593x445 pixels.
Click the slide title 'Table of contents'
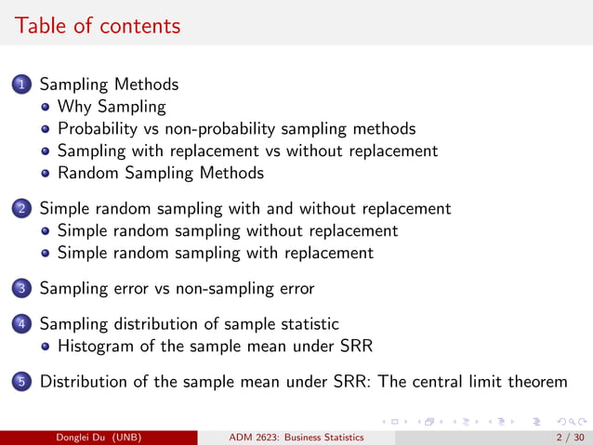pyautogui.click(x=98, y=25)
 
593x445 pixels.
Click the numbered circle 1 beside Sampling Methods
pyautogui.click(x=21, y=85)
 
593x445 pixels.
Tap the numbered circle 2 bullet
pyautogui.click(x=21, y=209)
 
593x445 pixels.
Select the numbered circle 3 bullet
pyautogui.click(x=21, y=289)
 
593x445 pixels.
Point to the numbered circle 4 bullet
pyautogui.click(x=21, y=324)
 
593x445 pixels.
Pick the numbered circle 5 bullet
pyautogui.click(x=21, y=382)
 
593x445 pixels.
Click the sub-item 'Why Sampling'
pyautogui.click(x=111, y=107)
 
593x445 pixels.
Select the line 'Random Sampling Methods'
pyautogui.click(x=160, y=173)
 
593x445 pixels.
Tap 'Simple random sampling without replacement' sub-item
pyautogui.click(x=227, y=230)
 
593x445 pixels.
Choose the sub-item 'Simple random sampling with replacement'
pyautogui.click(x=215, y=253)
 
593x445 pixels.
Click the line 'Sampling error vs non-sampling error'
pyautogui.click(x=177, y=288)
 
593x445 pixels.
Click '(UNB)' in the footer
pyautogui.click(x=125, y=437)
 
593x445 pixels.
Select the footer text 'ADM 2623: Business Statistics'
pyautogui.click(x=296, y=437)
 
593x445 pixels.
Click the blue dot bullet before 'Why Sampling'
pyautogui.click(x=46, y=108)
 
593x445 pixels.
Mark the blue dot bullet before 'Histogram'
pyautogui.click(x=46, y=347)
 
